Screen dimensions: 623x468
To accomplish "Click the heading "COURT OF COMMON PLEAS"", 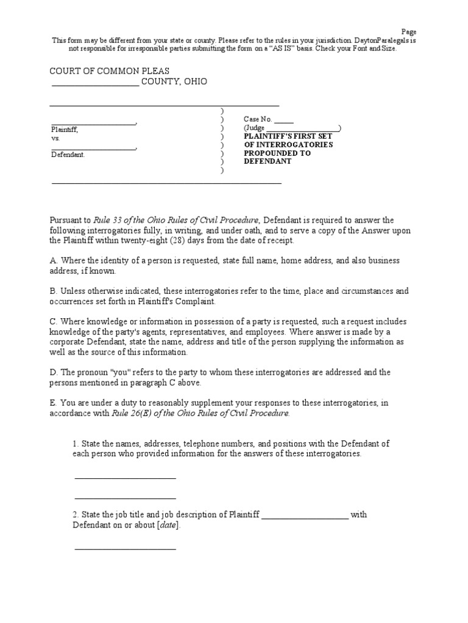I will (109, 71).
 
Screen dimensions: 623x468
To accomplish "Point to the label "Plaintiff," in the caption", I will (64, 130).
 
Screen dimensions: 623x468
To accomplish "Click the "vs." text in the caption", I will (55, 138).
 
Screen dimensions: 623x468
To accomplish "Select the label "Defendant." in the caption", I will (68, 155).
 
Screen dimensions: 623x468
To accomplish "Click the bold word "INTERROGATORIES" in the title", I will (297, 145).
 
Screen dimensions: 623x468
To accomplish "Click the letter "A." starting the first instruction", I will (53, 260).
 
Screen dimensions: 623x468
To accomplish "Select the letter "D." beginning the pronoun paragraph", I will (54, 372).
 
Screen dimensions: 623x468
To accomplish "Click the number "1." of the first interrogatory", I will (76, 444).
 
